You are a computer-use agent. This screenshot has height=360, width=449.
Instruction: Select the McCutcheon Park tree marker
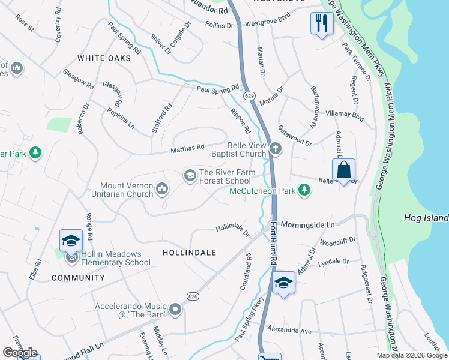point(305,191)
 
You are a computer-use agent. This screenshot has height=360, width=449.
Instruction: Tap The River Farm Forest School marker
point(190,175)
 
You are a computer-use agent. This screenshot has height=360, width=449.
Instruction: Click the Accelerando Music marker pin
point(175,310)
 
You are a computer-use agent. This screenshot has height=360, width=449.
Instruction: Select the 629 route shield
point(249,96)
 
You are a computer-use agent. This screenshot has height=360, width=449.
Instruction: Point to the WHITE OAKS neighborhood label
point(104,58)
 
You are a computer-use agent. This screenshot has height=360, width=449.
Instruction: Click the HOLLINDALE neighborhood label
point(189,253)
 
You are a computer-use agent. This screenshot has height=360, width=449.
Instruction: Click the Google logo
point(20,353)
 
